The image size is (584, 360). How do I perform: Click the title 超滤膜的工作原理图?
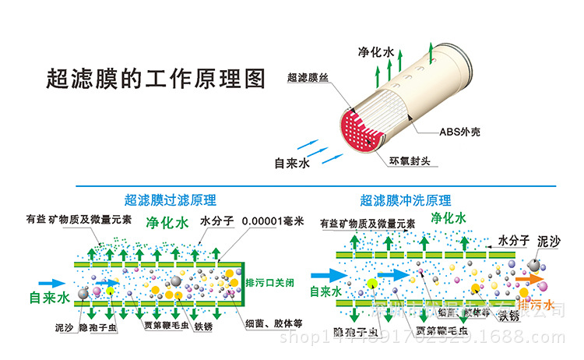(156, 79)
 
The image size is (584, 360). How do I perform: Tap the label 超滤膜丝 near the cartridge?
(310, 78)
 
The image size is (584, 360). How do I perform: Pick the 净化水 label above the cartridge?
(378, 51)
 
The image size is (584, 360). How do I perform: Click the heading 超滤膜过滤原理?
(171, 199)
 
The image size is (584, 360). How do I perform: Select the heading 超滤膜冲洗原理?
(405, 200)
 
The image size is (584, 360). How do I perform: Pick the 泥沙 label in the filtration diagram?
(65, 328)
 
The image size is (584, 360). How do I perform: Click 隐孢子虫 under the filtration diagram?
(102, 328)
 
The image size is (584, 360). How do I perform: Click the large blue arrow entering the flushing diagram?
(329, 275)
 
